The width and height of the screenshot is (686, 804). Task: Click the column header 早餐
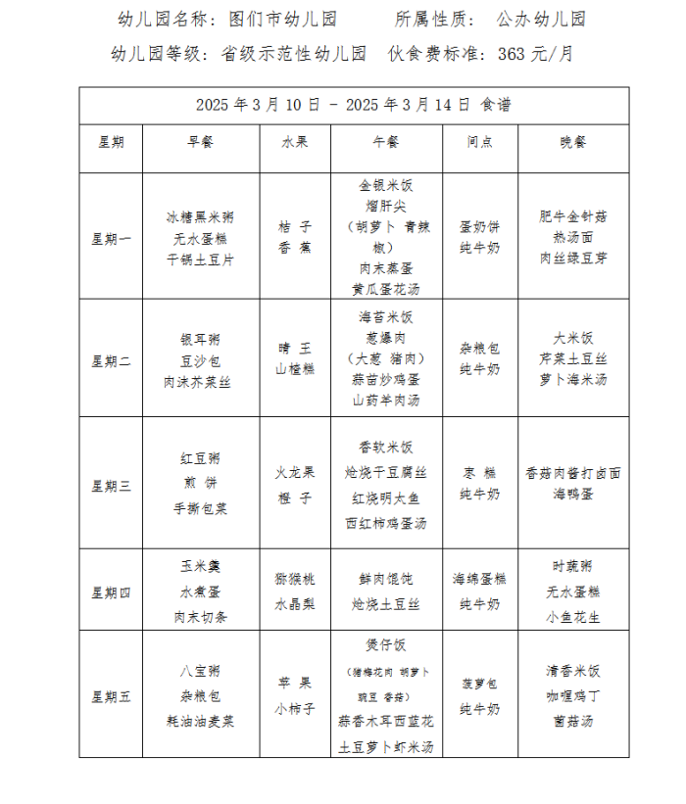tap(200, 142)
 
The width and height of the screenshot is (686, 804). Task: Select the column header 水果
tap(295, 142)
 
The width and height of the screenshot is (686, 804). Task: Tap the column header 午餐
tap(386, 142)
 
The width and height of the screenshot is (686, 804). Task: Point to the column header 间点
tap(480, 142)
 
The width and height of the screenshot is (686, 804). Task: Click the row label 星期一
tap(111, 238)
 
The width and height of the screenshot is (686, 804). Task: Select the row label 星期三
tap(111, 484)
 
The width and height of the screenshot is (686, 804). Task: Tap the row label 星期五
tap(111, 697)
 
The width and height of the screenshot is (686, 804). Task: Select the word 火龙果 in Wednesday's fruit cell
tap(295, 472)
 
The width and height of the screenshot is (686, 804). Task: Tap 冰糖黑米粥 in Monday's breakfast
tap(200, 216)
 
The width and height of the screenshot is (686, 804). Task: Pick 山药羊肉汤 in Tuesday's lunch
tap(386, 401)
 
